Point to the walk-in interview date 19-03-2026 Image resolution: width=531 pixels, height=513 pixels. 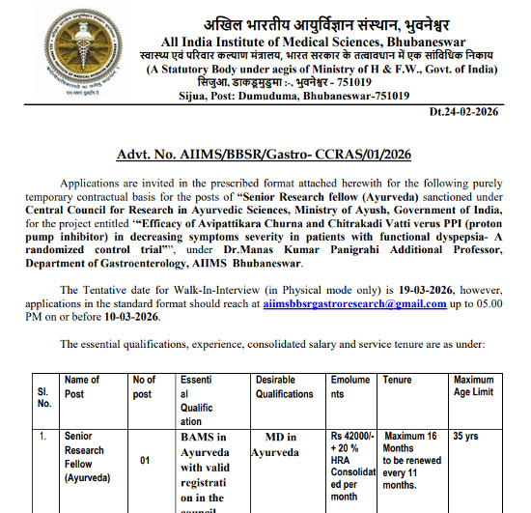423,289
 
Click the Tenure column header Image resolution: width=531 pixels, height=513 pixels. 397,381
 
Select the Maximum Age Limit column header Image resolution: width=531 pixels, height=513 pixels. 473,386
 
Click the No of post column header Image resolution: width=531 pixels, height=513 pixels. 144,386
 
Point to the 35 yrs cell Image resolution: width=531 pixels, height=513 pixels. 465,437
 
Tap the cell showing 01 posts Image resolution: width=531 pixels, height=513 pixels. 145,461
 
